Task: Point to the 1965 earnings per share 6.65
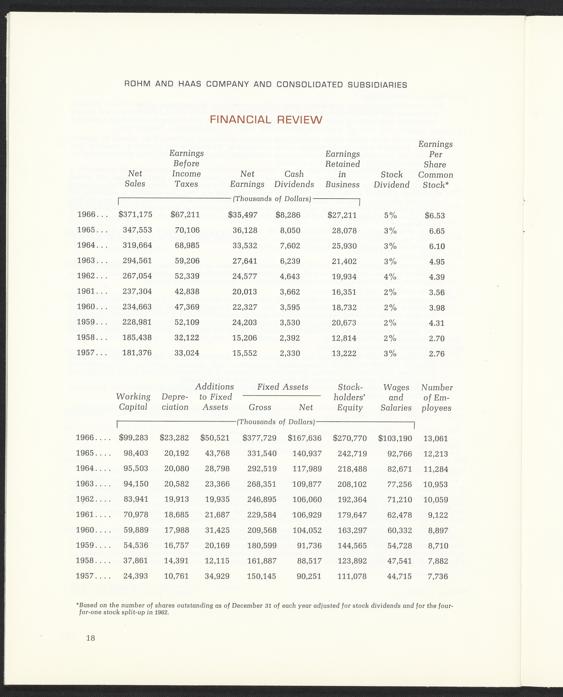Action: pyautogui.click(x=437, y=231)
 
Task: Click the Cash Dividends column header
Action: pyautogui.click(x=294, y=179)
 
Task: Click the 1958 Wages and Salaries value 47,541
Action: pyautogui.click(x=399, y=561)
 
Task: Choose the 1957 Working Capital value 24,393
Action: pyautogui.click(x=136, y=576)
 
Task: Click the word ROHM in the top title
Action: pyautogui.click(x=137, y=85)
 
